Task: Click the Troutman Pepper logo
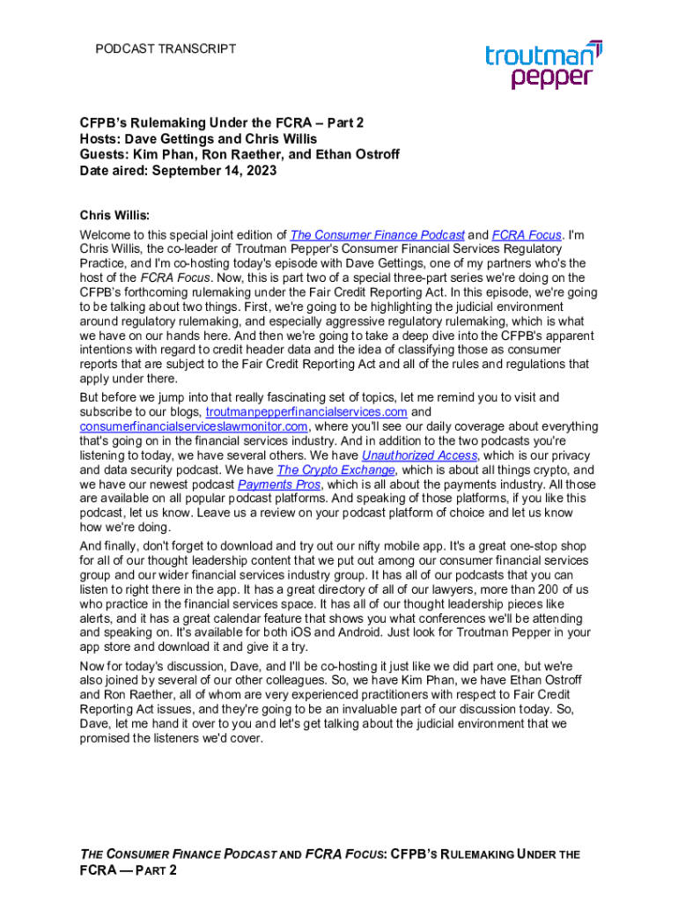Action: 543,64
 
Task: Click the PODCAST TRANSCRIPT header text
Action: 166,48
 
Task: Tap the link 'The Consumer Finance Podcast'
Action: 378,235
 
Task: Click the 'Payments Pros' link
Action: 279,484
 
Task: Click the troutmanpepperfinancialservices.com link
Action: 306,412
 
